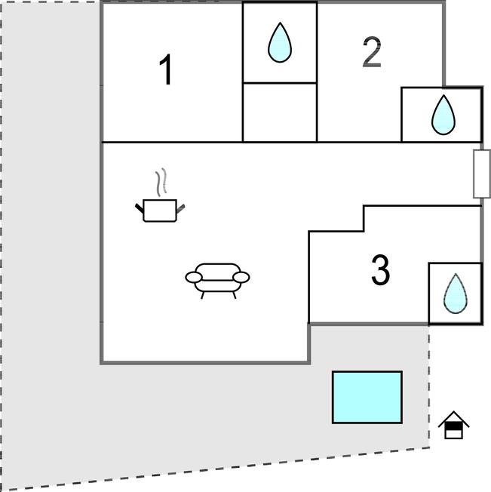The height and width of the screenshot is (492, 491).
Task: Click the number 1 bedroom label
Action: tap(166, 71)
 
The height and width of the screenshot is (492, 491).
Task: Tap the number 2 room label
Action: tap(371, 53)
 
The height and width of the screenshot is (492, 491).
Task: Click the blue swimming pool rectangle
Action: tap(367, 397)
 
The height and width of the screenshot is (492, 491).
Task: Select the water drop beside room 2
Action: tap(443, 115)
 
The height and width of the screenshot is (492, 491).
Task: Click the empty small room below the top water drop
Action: tap(279, 112)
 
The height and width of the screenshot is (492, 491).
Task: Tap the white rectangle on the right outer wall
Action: tap(481, 174)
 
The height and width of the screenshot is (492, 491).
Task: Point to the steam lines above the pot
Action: tap(159, 183)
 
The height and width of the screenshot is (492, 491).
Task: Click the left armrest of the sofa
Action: tap(194, 278)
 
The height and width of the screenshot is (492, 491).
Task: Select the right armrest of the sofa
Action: tap(241, 278)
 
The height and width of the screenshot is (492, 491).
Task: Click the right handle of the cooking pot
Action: tap(180, 207)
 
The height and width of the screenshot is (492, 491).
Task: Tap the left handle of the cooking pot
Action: tap(140, 206)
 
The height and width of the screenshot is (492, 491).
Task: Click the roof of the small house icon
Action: tap(453, 417)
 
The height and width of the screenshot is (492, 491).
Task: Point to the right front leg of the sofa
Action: tap(234, 293)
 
